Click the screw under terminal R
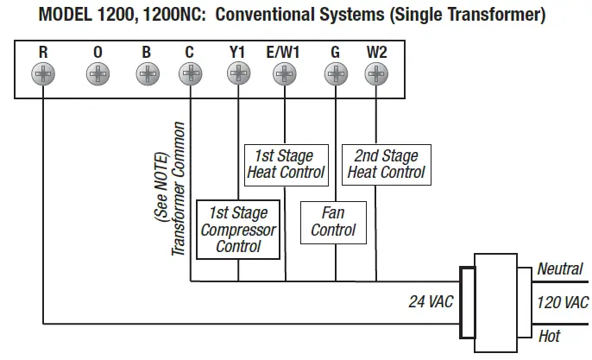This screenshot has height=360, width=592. pyautogui.click(x=42, y=74)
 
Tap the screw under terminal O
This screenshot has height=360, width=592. pyautogui.click(x=98, y=74)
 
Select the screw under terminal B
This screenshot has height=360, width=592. pyautogui.click(x=146, y=74)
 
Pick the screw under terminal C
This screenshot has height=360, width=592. pyautogui.click(x=189, y=74)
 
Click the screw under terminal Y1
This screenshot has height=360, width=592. pyautogui.click(x=237, y=74)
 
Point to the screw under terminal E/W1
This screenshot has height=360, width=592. pyautogui.click(x=284, y=74)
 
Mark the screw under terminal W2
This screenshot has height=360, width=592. pyautogui.click(x=376, y=74)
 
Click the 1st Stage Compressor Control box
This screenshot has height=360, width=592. pyautogui.click(x=238, y=230)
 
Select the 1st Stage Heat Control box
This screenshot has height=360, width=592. pyautogui.click(x=285, y=164)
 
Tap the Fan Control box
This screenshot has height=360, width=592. pyautogui.click(x=333, y=222)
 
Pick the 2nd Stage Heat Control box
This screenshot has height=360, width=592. pyautogui.click(x=386, y=164)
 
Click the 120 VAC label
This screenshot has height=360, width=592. pyautogui.click(x=563, y=302)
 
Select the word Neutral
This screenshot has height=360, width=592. pyautogui.click(x=560, y=269)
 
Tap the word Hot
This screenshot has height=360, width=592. pyautogui.click(x=549, y=335)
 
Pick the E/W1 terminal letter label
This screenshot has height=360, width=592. pyautogui.click(x=283, y=52)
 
